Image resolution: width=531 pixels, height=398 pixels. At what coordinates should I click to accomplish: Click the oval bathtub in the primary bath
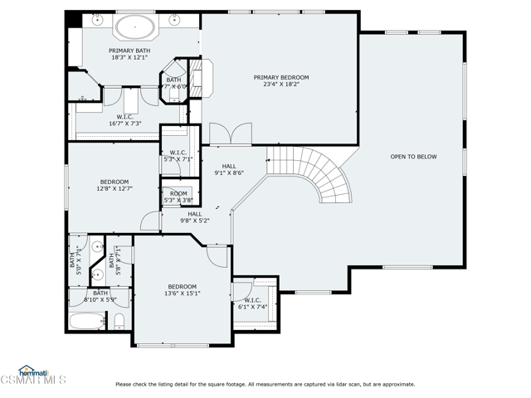pos(134,27)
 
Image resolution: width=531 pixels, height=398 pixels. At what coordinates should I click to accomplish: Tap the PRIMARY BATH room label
pos(129,55)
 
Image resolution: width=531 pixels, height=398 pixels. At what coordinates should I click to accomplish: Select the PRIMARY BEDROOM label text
pos(281,80)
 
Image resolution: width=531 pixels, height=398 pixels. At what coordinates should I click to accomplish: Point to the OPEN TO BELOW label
pos(413,157)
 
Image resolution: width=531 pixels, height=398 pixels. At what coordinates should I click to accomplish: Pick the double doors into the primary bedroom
pos(229,133)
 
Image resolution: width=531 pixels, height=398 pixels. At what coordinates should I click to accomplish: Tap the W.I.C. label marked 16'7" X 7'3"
pos(126,121)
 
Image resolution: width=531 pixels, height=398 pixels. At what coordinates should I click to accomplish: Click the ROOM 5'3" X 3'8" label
pos(178,197)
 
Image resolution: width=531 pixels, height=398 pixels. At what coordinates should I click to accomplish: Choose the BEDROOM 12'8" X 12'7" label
pos(114,185)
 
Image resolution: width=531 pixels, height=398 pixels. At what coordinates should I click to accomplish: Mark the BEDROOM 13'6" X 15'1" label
pos(182,289)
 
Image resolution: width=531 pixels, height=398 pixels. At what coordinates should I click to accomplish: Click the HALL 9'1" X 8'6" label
pos(228,169)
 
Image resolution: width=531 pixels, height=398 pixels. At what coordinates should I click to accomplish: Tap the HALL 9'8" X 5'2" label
pos(195,217)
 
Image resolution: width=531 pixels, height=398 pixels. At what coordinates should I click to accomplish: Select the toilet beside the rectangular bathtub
pos(119,321)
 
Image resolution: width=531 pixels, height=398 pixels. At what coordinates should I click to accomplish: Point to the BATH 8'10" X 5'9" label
pos(100,296)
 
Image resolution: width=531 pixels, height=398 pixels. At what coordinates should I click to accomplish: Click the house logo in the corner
pos(30,371)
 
